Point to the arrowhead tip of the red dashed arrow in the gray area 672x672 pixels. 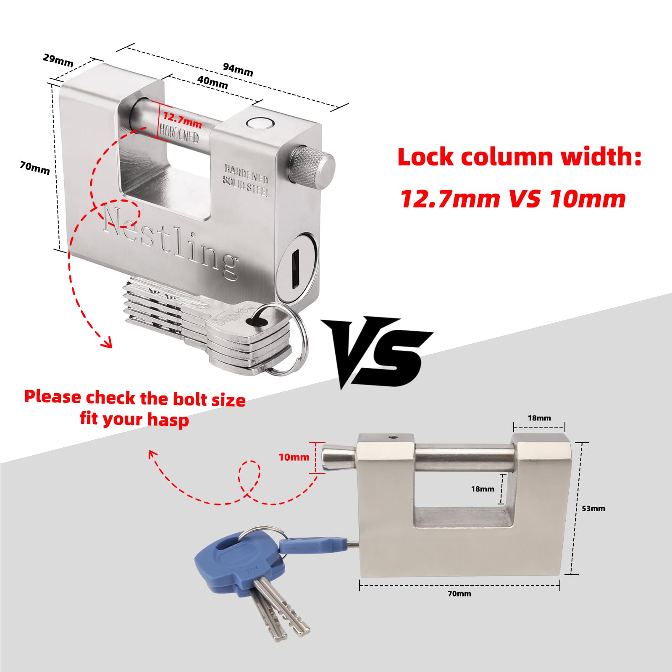click(150, 451)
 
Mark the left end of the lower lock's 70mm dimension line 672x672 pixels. click(360, 585)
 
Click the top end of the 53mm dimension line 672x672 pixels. click(582, 443)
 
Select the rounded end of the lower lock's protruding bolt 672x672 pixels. click(328, 459)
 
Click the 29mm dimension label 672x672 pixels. click(58, 60)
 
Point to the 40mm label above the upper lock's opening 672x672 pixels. click(213, 82)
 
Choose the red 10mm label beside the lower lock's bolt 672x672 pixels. click(294, 457)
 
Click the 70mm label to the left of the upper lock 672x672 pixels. click(35, 168)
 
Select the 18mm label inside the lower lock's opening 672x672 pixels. click(483, 489)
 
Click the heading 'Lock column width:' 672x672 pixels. click(520, 157)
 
